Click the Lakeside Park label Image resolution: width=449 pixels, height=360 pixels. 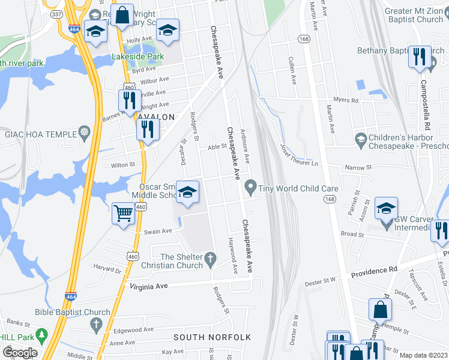click(137, 57)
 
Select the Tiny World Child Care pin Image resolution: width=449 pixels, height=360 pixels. click(250, 188)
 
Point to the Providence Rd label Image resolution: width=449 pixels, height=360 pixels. click(375, 271)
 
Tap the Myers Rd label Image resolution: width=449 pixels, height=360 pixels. click(346, 101)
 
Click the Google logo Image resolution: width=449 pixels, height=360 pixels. click(19, 353)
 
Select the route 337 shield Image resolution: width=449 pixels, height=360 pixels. click(56, 13)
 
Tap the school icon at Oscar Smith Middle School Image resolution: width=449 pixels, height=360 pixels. click(188, 193)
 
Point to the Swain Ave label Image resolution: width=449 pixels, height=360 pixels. click(158, 231)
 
